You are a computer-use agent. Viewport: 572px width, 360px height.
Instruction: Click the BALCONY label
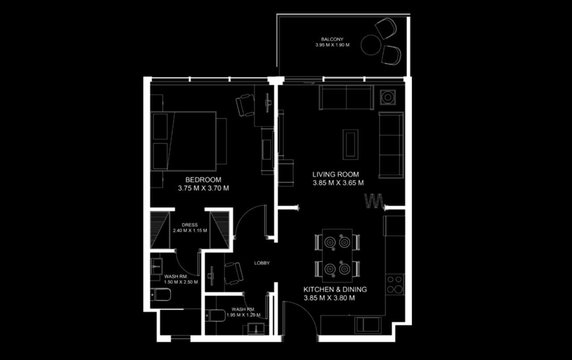[332, 39]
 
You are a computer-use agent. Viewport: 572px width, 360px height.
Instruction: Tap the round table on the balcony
[370, 45]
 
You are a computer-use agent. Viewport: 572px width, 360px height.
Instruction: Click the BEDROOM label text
[203, 180]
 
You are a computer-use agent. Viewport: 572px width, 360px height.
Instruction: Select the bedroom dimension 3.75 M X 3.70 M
[203, 188]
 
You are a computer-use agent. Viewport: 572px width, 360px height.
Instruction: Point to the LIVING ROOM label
[336, 174]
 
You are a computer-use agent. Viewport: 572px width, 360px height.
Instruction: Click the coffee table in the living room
[350, 144]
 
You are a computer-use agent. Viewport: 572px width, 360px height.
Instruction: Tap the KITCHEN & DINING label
[335, 289]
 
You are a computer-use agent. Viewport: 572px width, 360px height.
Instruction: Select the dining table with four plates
[337, 255]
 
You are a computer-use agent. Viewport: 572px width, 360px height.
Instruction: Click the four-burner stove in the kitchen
[395, 284]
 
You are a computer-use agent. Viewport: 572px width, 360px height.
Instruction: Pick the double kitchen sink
[368, 325]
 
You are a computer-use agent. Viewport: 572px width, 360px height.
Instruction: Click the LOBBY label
[262, 263]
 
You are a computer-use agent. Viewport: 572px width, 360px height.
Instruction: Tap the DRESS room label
[190, 225]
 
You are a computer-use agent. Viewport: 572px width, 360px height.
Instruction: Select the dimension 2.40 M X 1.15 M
[190, 230]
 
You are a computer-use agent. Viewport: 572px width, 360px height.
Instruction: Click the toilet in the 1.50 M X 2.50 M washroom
[160, 295]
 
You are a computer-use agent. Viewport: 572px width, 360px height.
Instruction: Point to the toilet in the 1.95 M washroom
[215, 316]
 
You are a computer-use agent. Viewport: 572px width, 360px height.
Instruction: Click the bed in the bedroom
[184, 141]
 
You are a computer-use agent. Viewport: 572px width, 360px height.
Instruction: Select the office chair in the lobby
[233, 274]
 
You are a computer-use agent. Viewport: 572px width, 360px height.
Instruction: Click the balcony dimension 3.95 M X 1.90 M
[332, 45]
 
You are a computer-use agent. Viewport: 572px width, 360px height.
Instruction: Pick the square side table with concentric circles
[388, 97]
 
